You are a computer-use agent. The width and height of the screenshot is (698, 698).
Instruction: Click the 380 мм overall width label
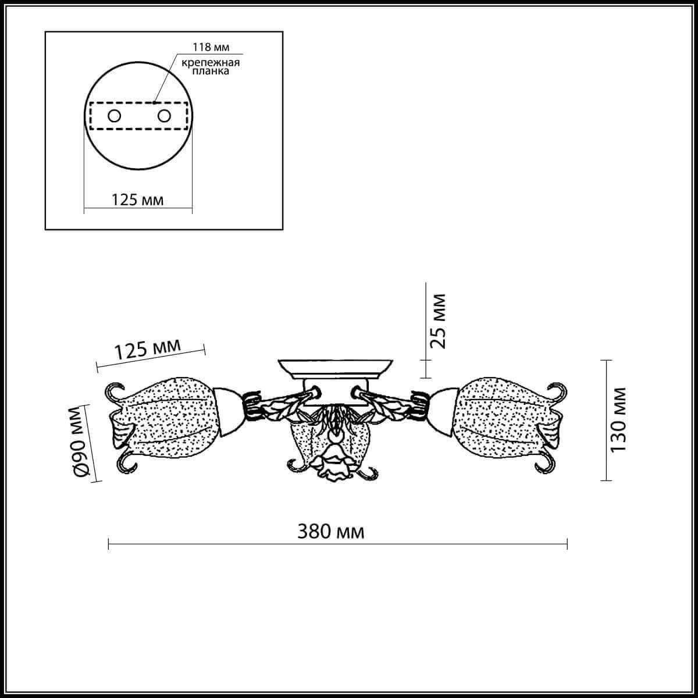[x=331, y=531]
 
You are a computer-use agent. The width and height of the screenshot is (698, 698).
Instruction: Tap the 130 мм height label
[x=619, y=419]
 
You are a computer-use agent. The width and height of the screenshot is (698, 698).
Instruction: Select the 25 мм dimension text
[x=439, y=320]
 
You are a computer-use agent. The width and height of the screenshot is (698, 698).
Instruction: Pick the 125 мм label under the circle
[x=137, y=200]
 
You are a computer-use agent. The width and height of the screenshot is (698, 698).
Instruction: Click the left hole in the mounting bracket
[x=113, y=116]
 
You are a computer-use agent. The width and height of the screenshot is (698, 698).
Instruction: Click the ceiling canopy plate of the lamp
[x=334, y=368]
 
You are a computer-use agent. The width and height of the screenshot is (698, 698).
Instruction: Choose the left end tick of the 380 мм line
[x=109, y=545]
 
